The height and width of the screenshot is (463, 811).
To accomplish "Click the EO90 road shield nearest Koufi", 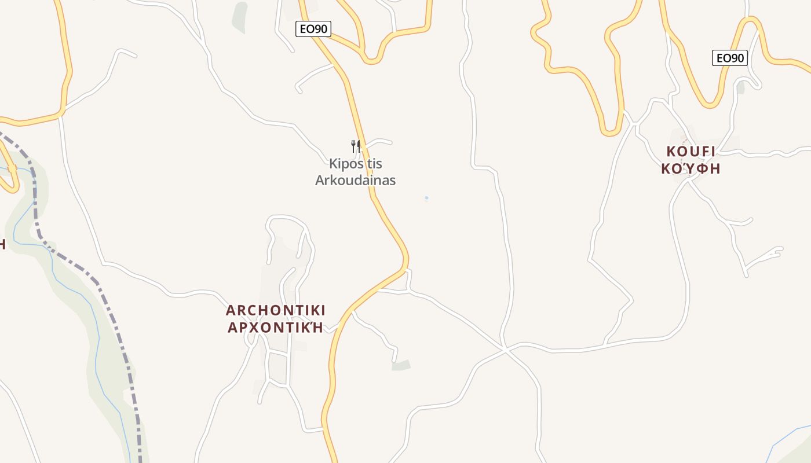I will point(729,58).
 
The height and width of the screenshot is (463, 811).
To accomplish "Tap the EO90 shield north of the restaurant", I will point(313,29).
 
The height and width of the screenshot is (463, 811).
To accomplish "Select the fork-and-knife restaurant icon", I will point(356,146).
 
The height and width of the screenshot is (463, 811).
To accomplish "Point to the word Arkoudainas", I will point(355,180).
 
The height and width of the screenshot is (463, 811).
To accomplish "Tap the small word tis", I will point(375,164).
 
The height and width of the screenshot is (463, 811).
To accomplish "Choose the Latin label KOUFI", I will point(691,152).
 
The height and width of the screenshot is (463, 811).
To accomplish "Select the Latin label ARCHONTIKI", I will point(276,310).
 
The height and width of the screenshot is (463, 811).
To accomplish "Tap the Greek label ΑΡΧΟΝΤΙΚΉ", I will point(276,328).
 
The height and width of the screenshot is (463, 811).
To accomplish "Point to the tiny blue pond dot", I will point(426,199).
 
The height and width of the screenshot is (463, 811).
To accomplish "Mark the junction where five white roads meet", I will point(505,350).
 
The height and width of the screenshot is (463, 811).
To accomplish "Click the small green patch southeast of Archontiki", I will point(401,365).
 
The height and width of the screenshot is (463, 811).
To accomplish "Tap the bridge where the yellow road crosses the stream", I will point(12,168).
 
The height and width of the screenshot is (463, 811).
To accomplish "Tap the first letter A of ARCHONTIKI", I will point(231,310).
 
